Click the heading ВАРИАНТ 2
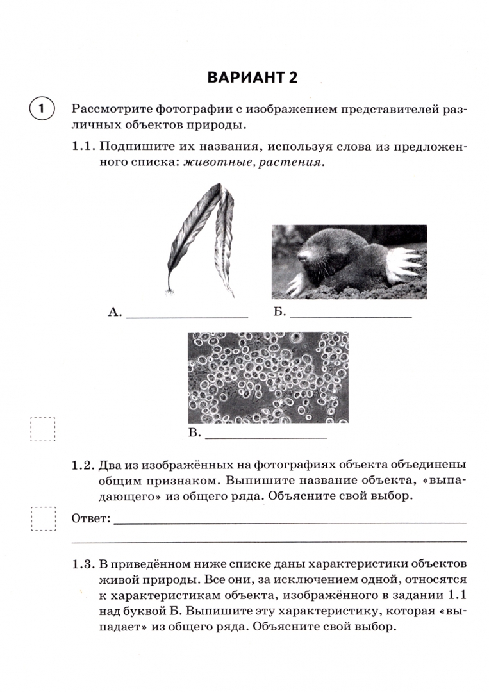(x=253, y=78)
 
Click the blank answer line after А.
(x=186, y=315)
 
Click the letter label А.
(x=115, y=312)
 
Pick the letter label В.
(x=194, y=434)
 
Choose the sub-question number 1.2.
(x=84, y=464)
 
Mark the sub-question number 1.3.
(x=84, y=565)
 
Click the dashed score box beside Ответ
(x=44, y=518)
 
